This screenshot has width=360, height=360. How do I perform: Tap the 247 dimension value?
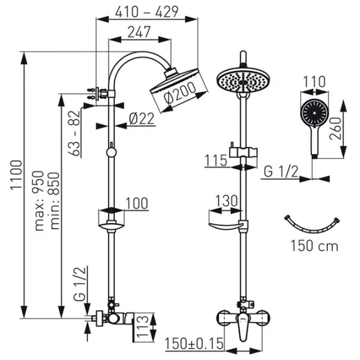(x=139, y=34)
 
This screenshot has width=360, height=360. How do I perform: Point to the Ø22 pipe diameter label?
(x=142, y=119)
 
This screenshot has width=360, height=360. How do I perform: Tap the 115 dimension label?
(x=215, y=160)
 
